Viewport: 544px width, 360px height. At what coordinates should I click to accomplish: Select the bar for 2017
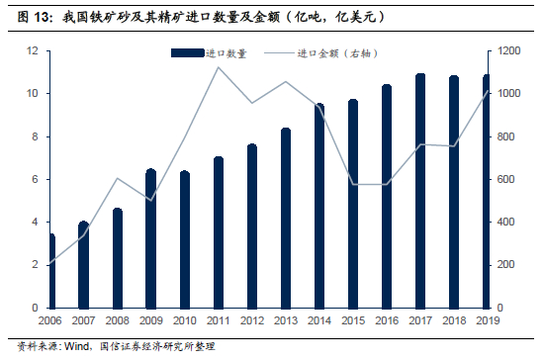[420, 191]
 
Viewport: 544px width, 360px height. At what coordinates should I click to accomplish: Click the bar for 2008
[118, 258]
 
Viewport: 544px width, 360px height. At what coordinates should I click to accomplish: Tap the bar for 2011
[219, 232]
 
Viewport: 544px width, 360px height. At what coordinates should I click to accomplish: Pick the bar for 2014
[319, 206]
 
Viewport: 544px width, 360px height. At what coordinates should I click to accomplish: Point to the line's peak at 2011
[218, 67]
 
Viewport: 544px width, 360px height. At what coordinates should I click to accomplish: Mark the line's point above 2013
[286, 82]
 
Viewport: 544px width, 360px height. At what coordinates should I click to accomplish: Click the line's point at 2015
[353, 185]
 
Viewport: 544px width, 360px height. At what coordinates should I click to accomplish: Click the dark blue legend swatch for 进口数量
[187, 53]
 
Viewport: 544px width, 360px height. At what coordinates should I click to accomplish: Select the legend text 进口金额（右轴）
[337, 53]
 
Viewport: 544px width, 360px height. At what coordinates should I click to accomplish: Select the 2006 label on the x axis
[50, 320]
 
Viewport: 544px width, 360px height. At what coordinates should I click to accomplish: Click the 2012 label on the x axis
[252, 320]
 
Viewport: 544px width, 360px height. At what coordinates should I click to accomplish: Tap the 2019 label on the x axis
[488, 320]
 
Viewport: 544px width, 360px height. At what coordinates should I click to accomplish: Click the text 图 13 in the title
[34, 17]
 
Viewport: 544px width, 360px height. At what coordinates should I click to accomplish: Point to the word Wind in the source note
[77, 346]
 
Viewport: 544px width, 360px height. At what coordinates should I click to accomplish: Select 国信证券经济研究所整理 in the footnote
[157, 346]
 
